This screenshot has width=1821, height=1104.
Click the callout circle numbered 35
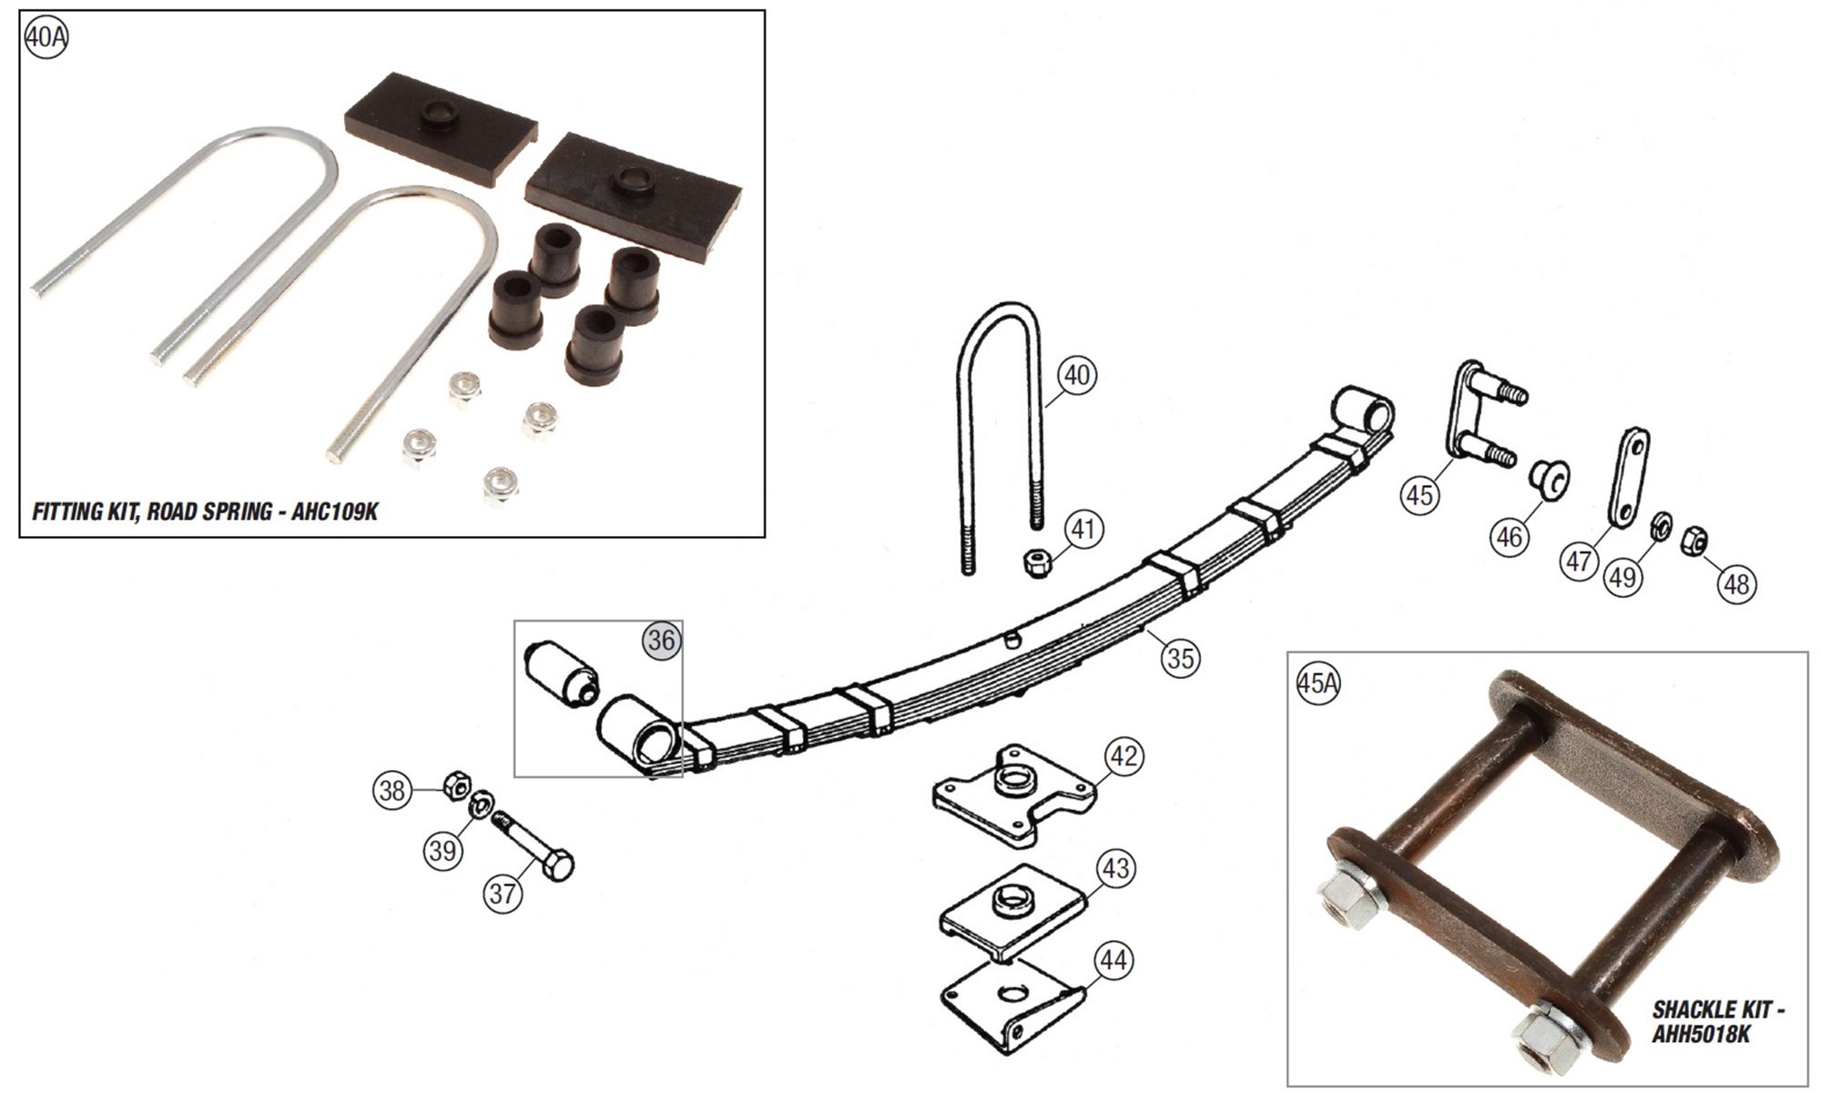click(x=1180, y=657)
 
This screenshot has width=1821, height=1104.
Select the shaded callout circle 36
click(x=662, y=641)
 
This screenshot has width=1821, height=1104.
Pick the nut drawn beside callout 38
click(x=456, y=784)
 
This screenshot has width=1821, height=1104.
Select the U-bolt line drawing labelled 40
click(x=998, y=428)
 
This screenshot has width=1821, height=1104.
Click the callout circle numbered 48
click(x=1736, y=583)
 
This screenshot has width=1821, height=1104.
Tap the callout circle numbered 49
click(x=1623, y=577)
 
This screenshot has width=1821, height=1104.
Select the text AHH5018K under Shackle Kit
click(x=1701, y=1035)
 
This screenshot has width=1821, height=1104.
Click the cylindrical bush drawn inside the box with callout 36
click(x=562, y=672)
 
